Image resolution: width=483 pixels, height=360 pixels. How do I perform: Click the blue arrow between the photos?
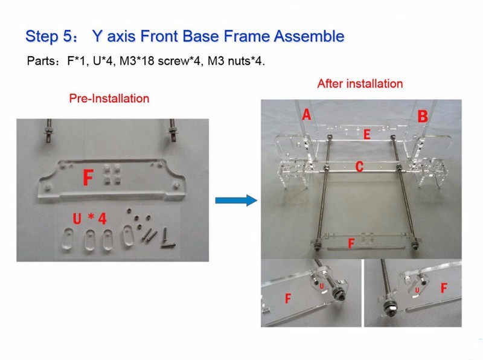pos(236,201)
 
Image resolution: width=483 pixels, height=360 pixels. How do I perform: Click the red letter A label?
pos(306,114)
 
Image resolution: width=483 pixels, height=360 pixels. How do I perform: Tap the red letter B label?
pos(423,117)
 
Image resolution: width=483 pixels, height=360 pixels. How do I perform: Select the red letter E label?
pos(366,134)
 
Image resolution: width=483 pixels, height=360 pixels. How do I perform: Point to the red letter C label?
pos(359,167)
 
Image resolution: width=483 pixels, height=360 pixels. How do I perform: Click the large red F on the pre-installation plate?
pos(88,178)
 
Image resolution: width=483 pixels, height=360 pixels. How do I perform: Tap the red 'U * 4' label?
pos(89,219)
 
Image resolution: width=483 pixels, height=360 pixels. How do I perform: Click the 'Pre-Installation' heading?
pos(109,98)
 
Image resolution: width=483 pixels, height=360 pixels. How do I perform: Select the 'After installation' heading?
pos(360,83)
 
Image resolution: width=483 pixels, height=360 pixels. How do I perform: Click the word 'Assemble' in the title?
pos(309,36)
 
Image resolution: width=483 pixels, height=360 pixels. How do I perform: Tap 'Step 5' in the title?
pos(49,36)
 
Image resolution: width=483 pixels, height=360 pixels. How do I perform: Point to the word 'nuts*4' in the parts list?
pos(246,61)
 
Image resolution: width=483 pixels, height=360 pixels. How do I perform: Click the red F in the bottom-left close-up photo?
pos(288,298)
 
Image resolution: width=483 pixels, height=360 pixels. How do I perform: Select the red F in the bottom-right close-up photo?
pos(444,288)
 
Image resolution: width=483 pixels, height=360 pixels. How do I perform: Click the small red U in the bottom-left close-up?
pos(322,286)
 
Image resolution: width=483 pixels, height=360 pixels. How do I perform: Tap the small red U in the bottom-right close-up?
pos(417,290)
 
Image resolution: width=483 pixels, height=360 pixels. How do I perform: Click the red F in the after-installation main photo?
pos(351,243)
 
